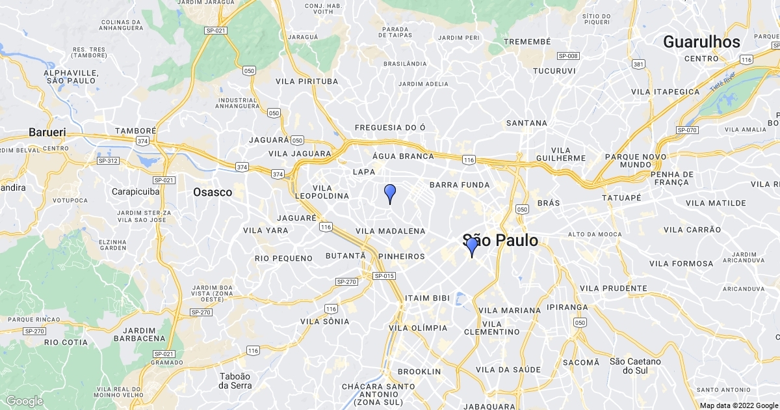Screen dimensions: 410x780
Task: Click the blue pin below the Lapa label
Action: tap(390, 193)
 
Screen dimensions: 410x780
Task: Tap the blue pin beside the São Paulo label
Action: tap(472, 247)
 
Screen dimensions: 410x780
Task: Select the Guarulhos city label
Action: tap(701, 42)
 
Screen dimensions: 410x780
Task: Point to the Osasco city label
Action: tap(213, 192)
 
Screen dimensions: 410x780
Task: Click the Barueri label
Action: tap(47, 132)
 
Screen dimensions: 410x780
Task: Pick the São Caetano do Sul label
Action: tap(635, 366)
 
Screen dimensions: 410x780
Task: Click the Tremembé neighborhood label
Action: tap(528, 42)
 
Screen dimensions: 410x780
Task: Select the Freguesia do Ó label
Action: tap(390, 128)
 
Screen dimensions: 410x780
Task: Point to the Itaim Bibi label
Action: tap(427, 298)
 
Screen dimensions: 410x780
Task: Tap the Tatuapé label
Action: tap(621, 197)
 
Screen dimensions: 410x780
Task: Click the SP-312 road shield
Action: tap(108, 161)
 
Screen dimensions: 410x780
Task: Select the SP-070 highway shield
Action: tap(687, 130)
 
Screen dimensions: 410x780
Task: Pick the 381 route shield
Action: tap(638, 64)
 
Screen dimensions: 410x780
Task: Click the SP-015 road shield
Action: tap(384, 276)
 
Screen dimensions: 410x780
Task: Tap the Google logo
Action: tap(25, 401)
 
